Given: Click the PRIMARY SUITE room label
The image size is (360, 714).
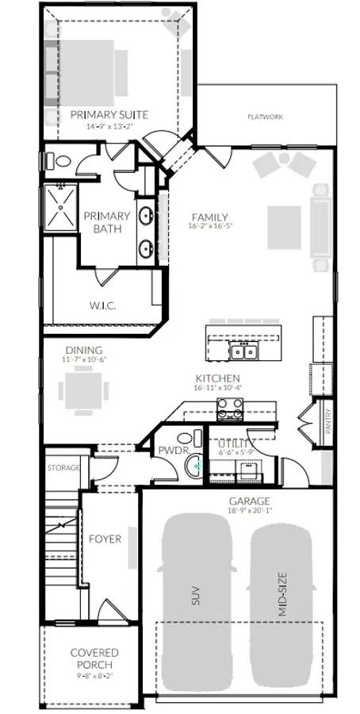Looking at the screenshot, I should pyautogui.click(x=120, y=115).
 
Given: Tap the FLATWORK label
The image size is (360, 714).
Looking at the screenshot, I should pyautogui.click(x=266, y=117).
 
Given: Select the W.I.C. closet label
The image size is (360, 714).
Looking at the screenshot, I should pyautogui.click(x=103, y=305).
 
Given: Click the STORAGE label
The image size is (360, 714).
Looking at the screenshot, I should pyautogui.click(x=63, y=468).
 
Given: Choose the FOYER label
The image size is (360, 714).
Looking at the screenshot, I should pyautogui.click(x=105, y=539).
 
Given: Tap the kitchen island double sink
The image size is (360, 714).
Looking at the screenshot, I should pyautogui.click(x=243, y=351).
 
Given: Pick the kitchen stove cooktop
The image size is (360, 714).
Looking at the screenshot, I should pyautogui.click(x=230, y=409).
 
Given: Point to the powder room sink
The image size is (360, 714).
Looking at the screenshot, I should pyautogui.click(x=193, y=467).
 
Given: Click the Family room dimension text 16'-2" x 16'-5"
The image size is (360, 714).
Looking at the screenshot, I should pyautogui.click(x=211, y=226).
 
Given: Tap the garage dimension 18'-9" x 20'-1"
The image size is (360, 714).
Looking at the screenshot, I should pyautogui.click(x=250, y=512).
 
